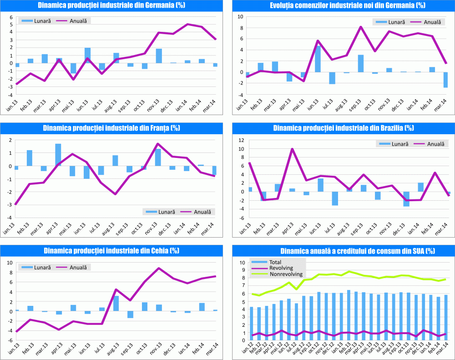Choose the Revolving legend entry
tap(282, 269)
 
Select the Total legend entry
tap(276, 262)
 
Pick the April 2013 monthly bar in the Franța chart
tap(58, 155)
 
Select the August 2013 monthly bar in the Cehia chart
tap(116, 304)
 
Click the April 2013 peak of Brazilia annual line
tap(292, 149)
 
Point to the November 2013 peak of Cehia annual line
tap(158, 268)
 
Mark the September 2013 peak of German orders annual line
tap(361, 27)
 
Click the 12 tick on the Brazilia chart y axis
tap(241, 140)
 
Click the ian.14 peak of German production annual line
tap(187, 24)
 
